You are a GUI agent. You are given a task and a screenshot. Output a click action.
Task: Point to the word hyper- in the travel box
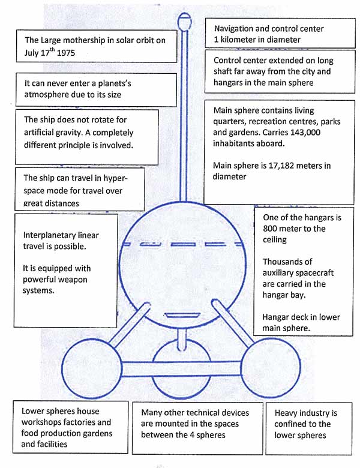pyautogui.click(x=113, y=178)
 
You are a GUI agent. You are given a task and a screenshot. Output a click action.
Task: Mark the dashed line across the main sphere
pyautogui.click(x=182, y=245)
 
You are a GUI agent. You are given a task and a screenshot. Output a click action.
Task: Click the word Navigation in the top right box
pyautogui.click(x=238, y=29)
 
